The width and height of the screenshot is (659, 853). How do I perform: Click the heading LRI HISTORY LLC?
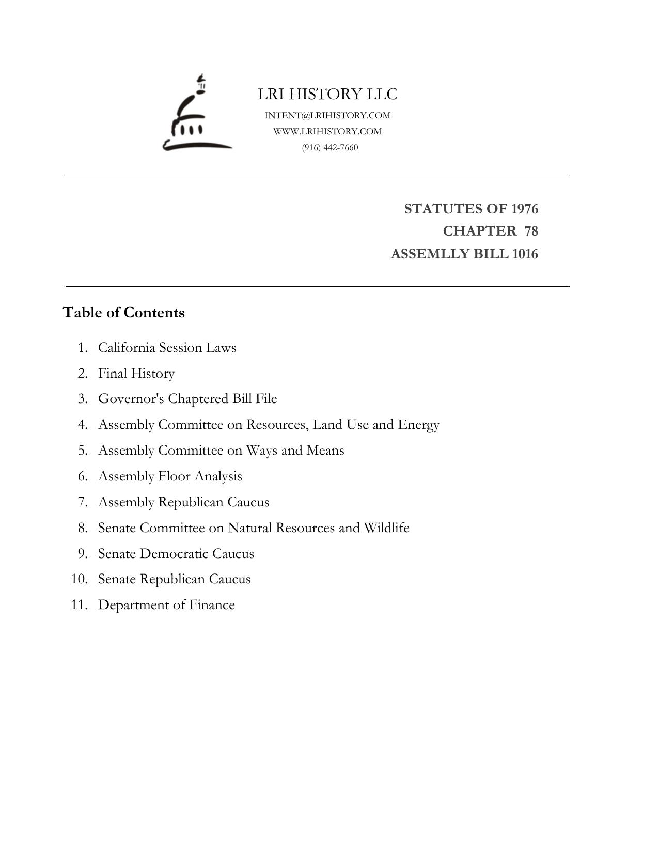pyautogui.click(x=327, y=94)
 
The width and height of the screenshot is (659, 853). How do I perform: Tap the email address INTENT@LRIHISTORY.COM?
pyautogui.click(x=327, y=115)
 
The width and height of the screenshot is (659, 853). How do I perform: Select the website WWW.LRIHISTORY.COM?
pyautogui.click(x=327, y=131)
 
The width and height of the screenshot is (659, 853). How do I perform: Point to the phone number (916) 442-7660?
pyautogui.click(x=330, y=147)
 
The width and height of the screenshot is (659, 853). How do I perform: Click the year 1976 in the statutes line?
pyautogui.click(x=524, y=209)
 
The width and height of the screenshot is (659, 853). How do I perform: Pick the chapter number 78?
pyautogui.click(x=531, y=231)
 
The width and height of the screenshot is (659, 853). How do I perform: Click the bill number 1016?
pyautogui.click(x=525, y=254)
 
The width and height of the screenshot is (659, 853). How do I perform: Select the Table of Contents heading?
pyautogui.click(x=123, y=313)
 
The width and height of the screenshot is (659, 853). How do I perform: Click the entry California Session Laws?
pyautogui.click(x=167, y=347)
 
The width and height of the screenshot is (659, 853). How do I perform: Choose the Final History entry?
pyautogui.click(x=136, y=373)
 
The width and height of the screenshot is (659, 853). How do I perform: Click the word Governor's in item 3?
pyautogui.click(x=131, y=399)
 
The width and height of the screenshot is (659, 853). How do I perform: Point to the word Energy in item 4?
pyautogui.click(x=418, y=425)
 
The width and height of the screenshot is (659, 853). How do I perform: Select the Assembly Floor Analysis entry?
pyautogui.click(x=170, y=476)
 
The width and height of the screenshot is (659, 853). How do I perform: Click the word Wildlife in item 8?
pyautogui.click(x=386, y=528)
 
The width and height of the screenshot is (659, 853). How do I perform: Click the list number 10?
pyautogui.click(x=79, y=579)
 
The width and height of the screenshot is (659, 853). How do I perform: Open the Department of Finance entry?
pyautogui.click(x=166, y=605)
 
